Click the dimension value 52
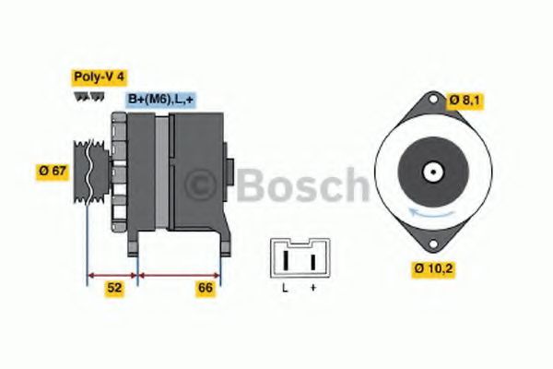[x=113, y=288]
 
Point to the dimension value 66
[x=205, y=288]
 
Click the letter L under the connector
[x=285, y=290]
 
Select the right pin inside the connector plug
[x=312, y=261]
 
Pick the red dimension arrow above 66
[x=179, y=274]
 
